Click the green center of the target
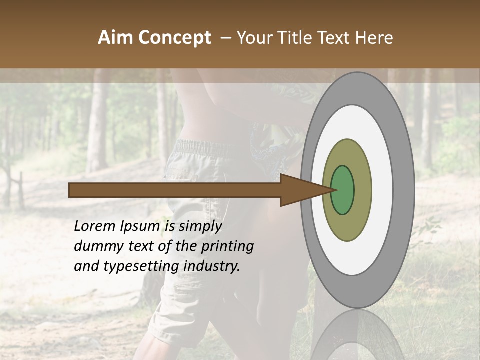click(342, 190)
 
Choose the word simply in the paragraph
click(200, 227)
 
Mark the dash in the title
click(225, 38)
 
